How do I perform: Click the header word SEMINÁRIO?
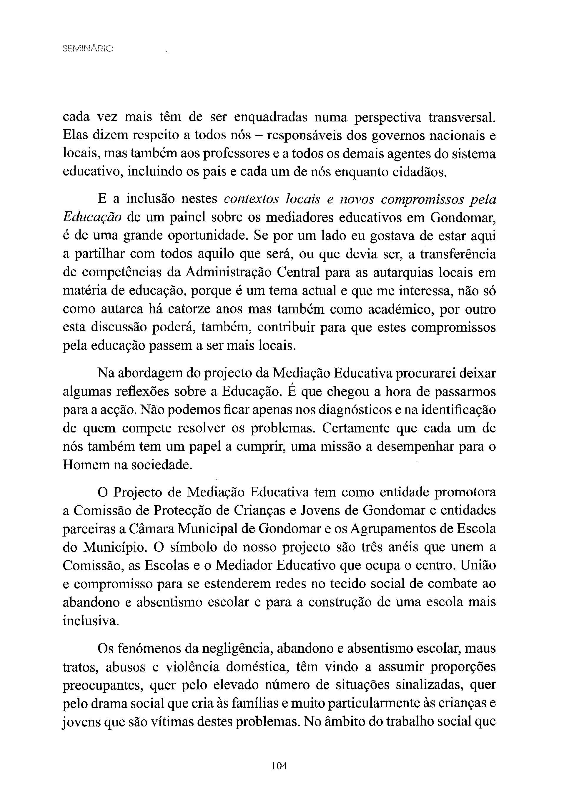point(88,49)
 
